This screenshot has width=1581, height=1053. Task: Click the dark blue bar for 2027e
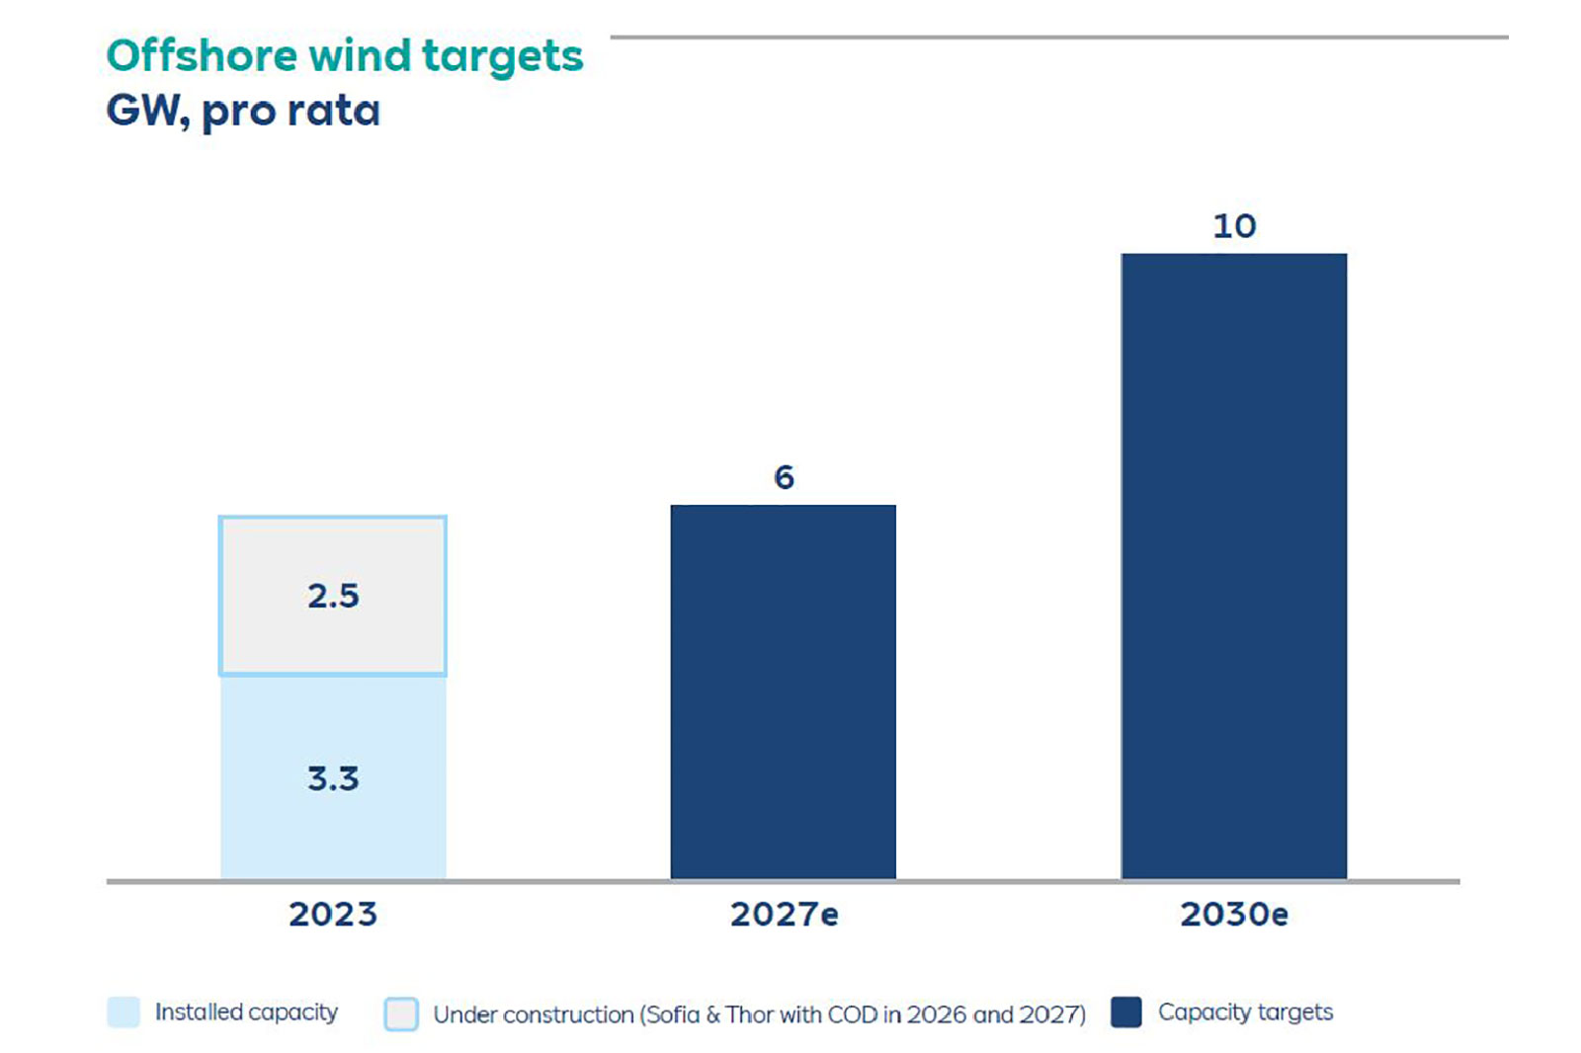pyautogui.click(x=783, y=691)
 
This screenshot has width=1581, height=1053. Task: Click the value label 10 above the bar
pyautogui.click(x=1234, y=226)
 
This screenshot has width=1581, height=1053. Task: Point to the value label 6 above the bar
pyautogui.click(x=784, y=478)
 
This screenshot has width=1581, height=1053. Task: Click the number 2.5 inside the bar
pyautogui.click(x=333, y=596)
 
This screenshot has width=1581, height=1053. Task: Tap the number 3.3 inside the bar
pyautogui.click(x=333, y=778)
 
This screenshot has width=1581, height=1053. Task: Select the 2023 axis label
pyautogui.click(x=333, y=915)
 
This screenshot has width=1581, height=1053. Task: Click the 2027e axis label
pyautogui.click(x=784, y=915)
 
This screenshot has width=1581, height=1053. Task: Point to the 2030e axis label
pyautogui.click(x=1234, y=915)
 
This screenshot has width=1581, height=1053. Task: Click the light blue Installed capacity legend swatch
pyautogui.click(x=124, y=1012)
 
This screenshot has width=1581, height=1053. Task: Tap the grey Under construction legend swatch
pyautogui.click(x=401, y=1014)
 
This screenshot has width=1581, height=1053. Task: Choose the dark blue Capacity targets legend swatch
pyautogui.click(x=1126, y=1012)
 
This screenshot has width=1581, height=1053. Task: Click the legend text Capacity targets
pyautogui.click(x=1245, y=1012)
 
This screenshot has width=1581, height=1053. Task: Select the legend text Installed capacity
pyautogui.click(x=246, y=1012)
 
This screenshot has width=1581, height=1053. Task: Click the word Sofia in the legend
pyautogui.click(x=672, y=1014)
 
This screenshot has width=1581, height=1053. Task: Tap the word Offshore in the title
pyautogui.click(x=202, y=55)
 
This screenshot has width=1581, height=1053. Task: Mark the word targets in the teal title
pyautogui.click(x=502, y=57)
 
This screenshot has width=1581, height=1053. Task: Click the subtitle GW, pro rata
pyautogui.click(x=243, y=111)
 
